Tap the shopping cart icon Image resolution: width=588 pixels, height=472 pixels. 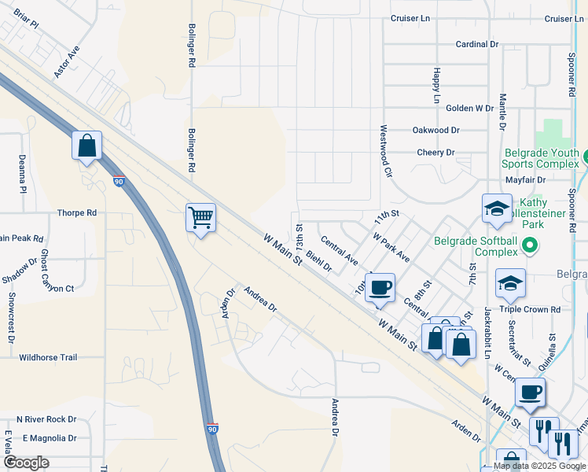tap(200, 216)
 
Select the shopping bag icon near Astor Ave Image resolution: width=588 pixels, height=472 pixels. tap(86, 146)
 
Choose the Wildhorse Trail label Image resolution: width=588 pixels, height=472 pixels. tap(48, 357)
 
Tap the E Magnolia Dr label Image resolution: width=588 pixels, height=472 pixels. tap(50, 438)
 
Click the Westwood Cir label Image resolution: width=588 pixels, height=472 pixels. tap(384, 150)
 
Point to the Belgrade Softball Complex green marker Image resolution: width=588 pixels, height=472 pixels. tap(529, 246)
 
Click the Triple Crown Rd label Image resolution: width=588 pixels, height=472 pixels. tap(534, 310)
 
